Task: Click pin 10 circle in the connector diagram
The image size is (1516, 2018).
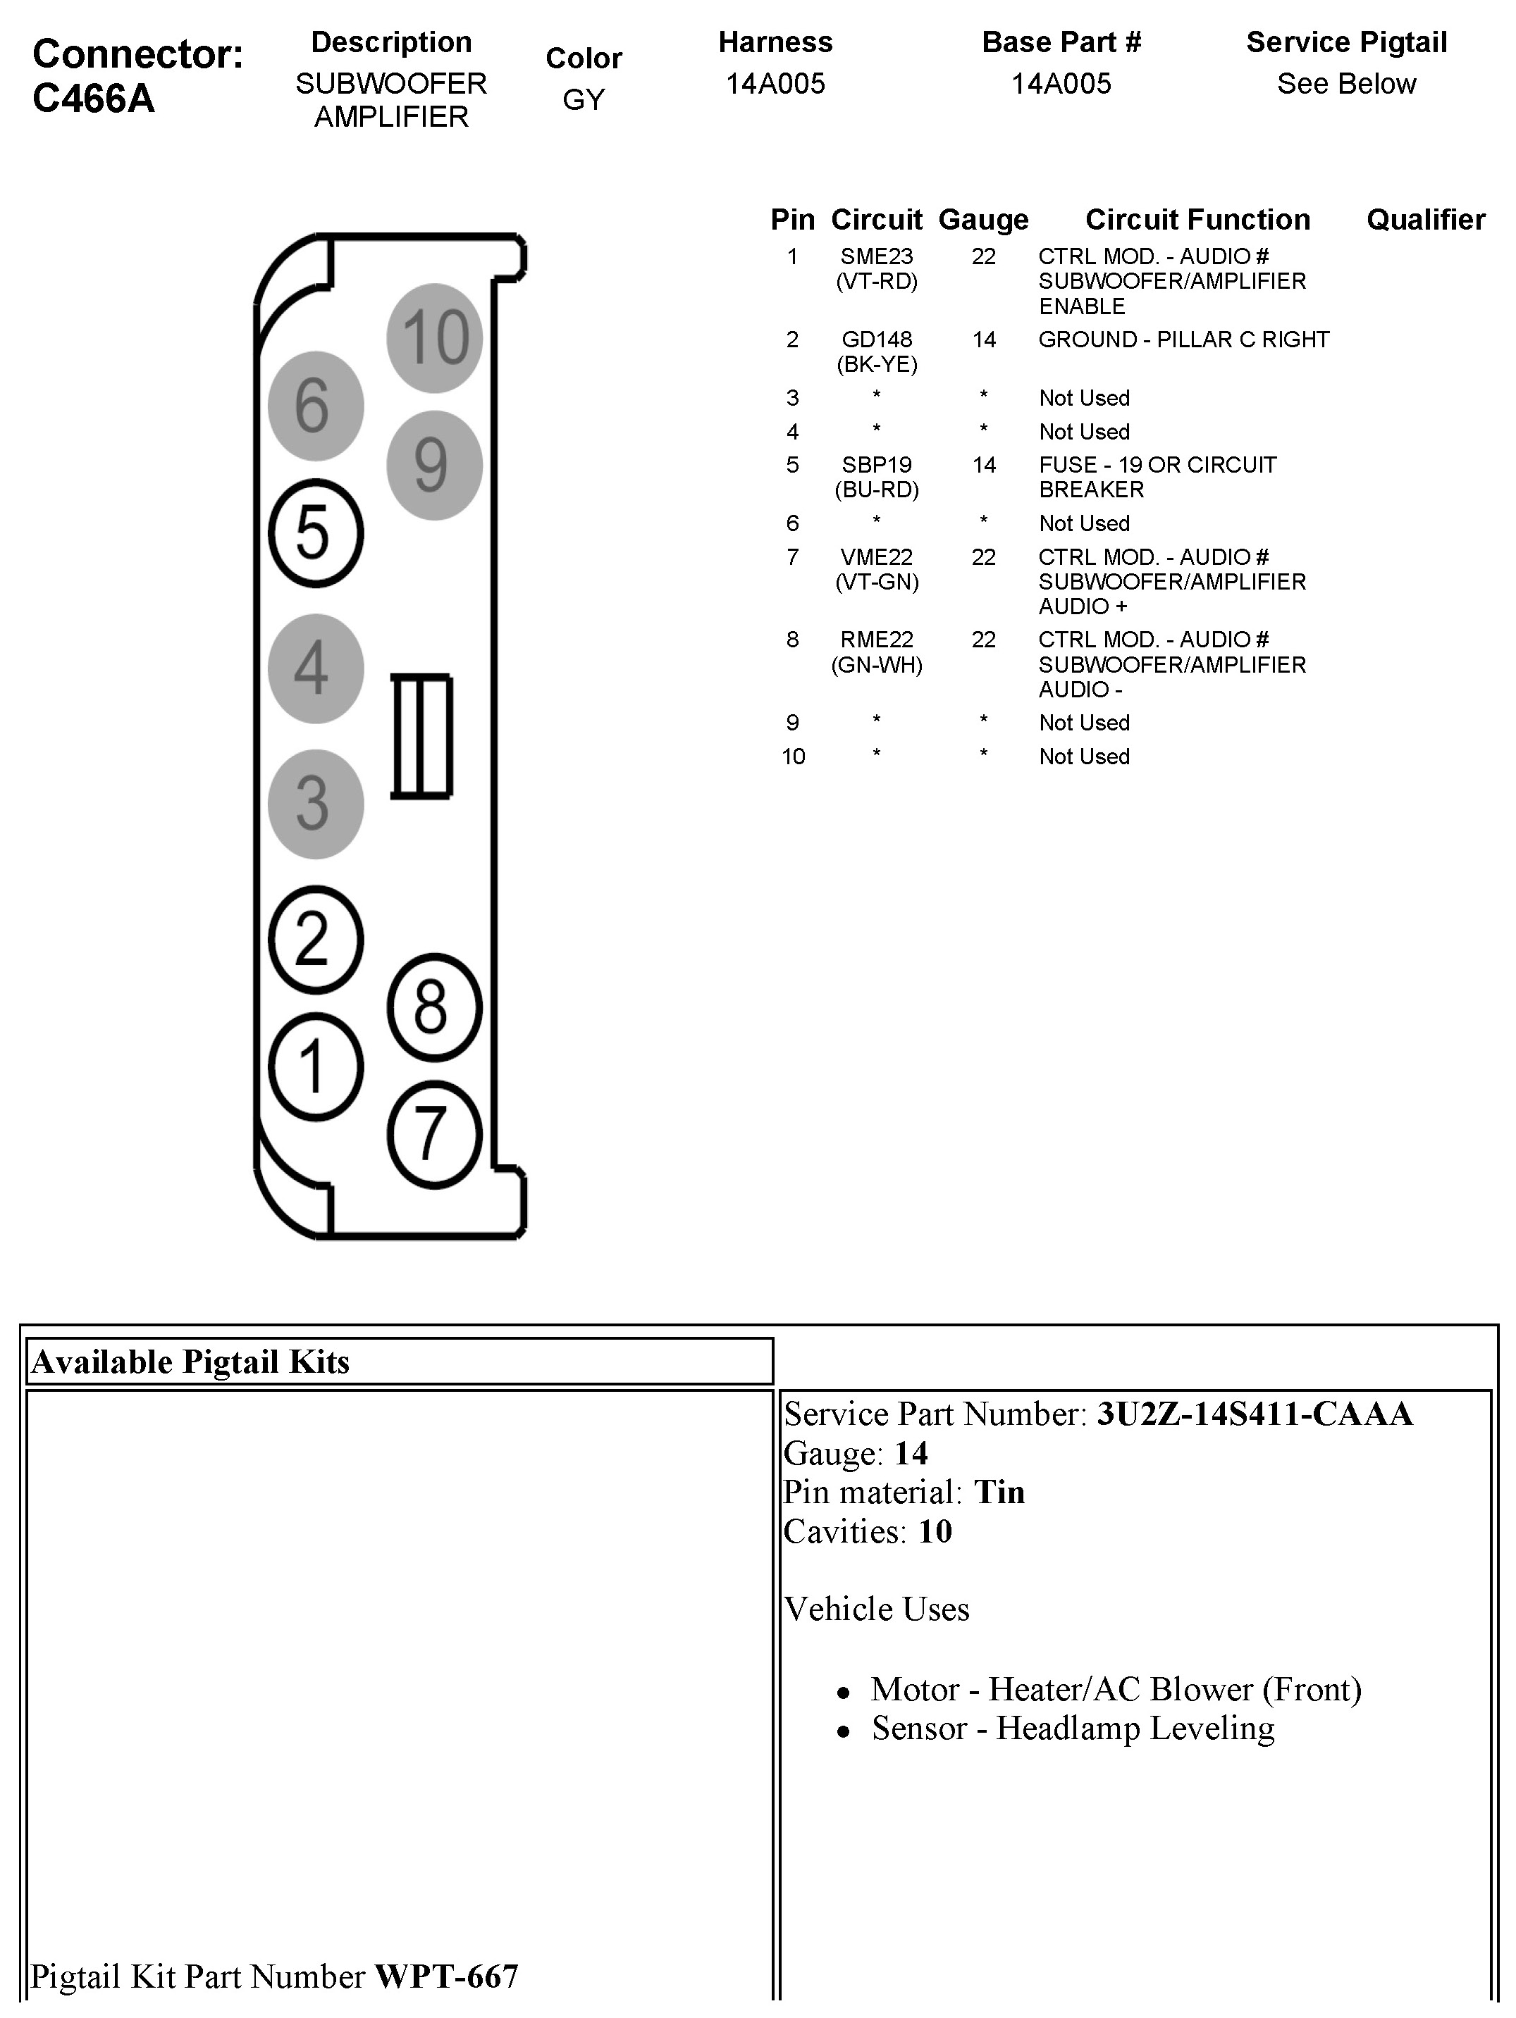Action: pos(434,337)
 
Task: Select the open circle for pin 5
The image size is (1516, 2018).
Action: pos(316,532)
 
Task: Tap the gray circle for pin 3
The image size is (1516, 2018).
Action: pos(316,804)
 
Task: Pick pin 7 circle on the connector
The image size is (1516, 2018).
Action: pos(433,1134)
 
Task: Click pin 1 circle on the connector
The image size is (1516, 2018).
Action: pos(316,1066)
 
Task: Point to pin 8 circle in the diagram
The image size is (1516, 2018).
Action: pos(433,1007)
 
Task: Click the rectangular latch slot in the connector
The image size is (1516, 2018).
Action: pos(421,736)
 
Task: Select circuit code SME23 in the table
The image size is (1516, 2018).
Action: pos(876,257)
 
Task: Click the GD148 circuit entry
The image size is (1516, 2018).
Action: pos(876,340)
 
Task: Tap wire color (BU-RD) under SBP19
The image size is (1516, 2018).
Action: pos(876,490)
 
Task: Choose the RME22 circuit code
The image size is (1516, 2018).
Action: pos(876,640)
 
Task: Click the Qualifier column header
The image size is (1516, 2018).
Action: pos(1424,220)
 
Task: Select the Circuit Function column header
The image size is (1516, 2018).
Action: pos(1197,220)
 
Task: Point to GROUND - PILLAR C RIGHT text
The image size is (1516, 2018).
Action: pos(1183,340)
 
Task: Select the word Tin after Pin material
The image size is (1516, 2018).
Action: pos(999,1493)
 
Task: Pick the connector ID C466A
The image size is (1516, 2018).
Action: pos(93,99)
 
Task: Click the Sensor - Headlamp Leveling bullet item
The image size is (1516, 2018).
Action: pos(1073,1728)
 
